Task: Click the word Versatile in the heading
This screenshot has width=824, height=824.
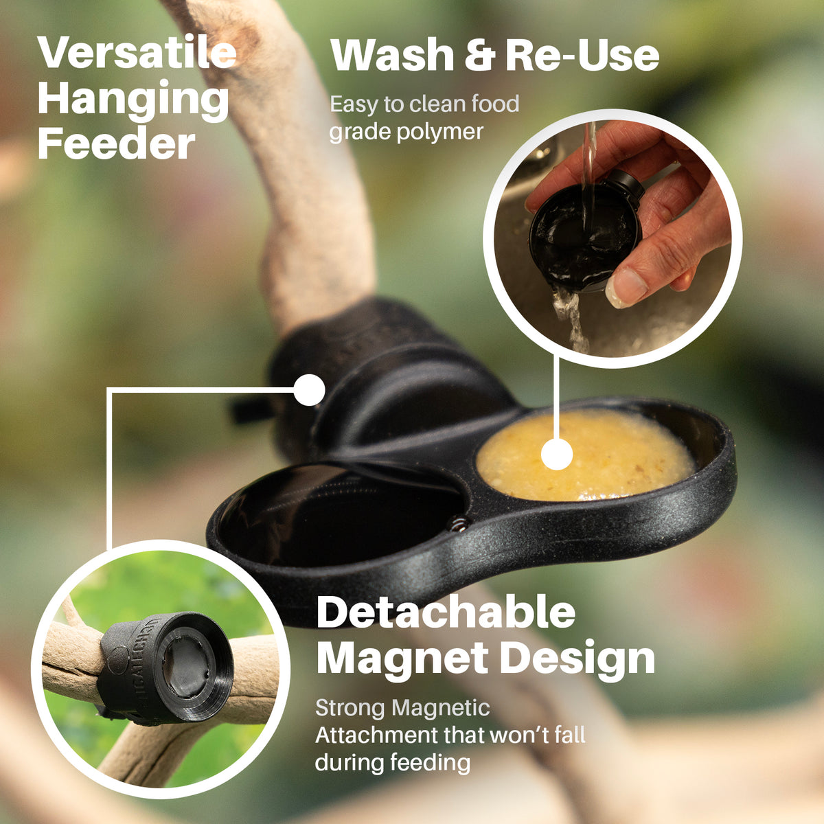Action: [x=137, y=53]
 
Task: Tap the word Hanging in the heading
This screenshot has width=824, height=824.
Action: [x=133, y=100]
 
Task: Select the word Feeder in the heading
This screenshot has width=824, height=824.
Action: [x=117, y=144]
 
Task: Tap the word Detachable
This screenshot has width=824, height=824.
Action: [x=446, y=613]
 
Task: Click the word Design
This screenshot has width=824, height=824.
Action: [x=577, y=659]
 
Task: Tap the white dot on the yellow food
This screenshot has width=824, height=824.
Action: [x=557, y=455]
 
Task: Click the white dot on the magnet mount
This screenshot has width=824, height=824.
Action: [x=308, y=391]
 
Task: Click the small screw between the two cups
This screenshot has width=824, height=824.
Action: [x=458, y=525]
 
